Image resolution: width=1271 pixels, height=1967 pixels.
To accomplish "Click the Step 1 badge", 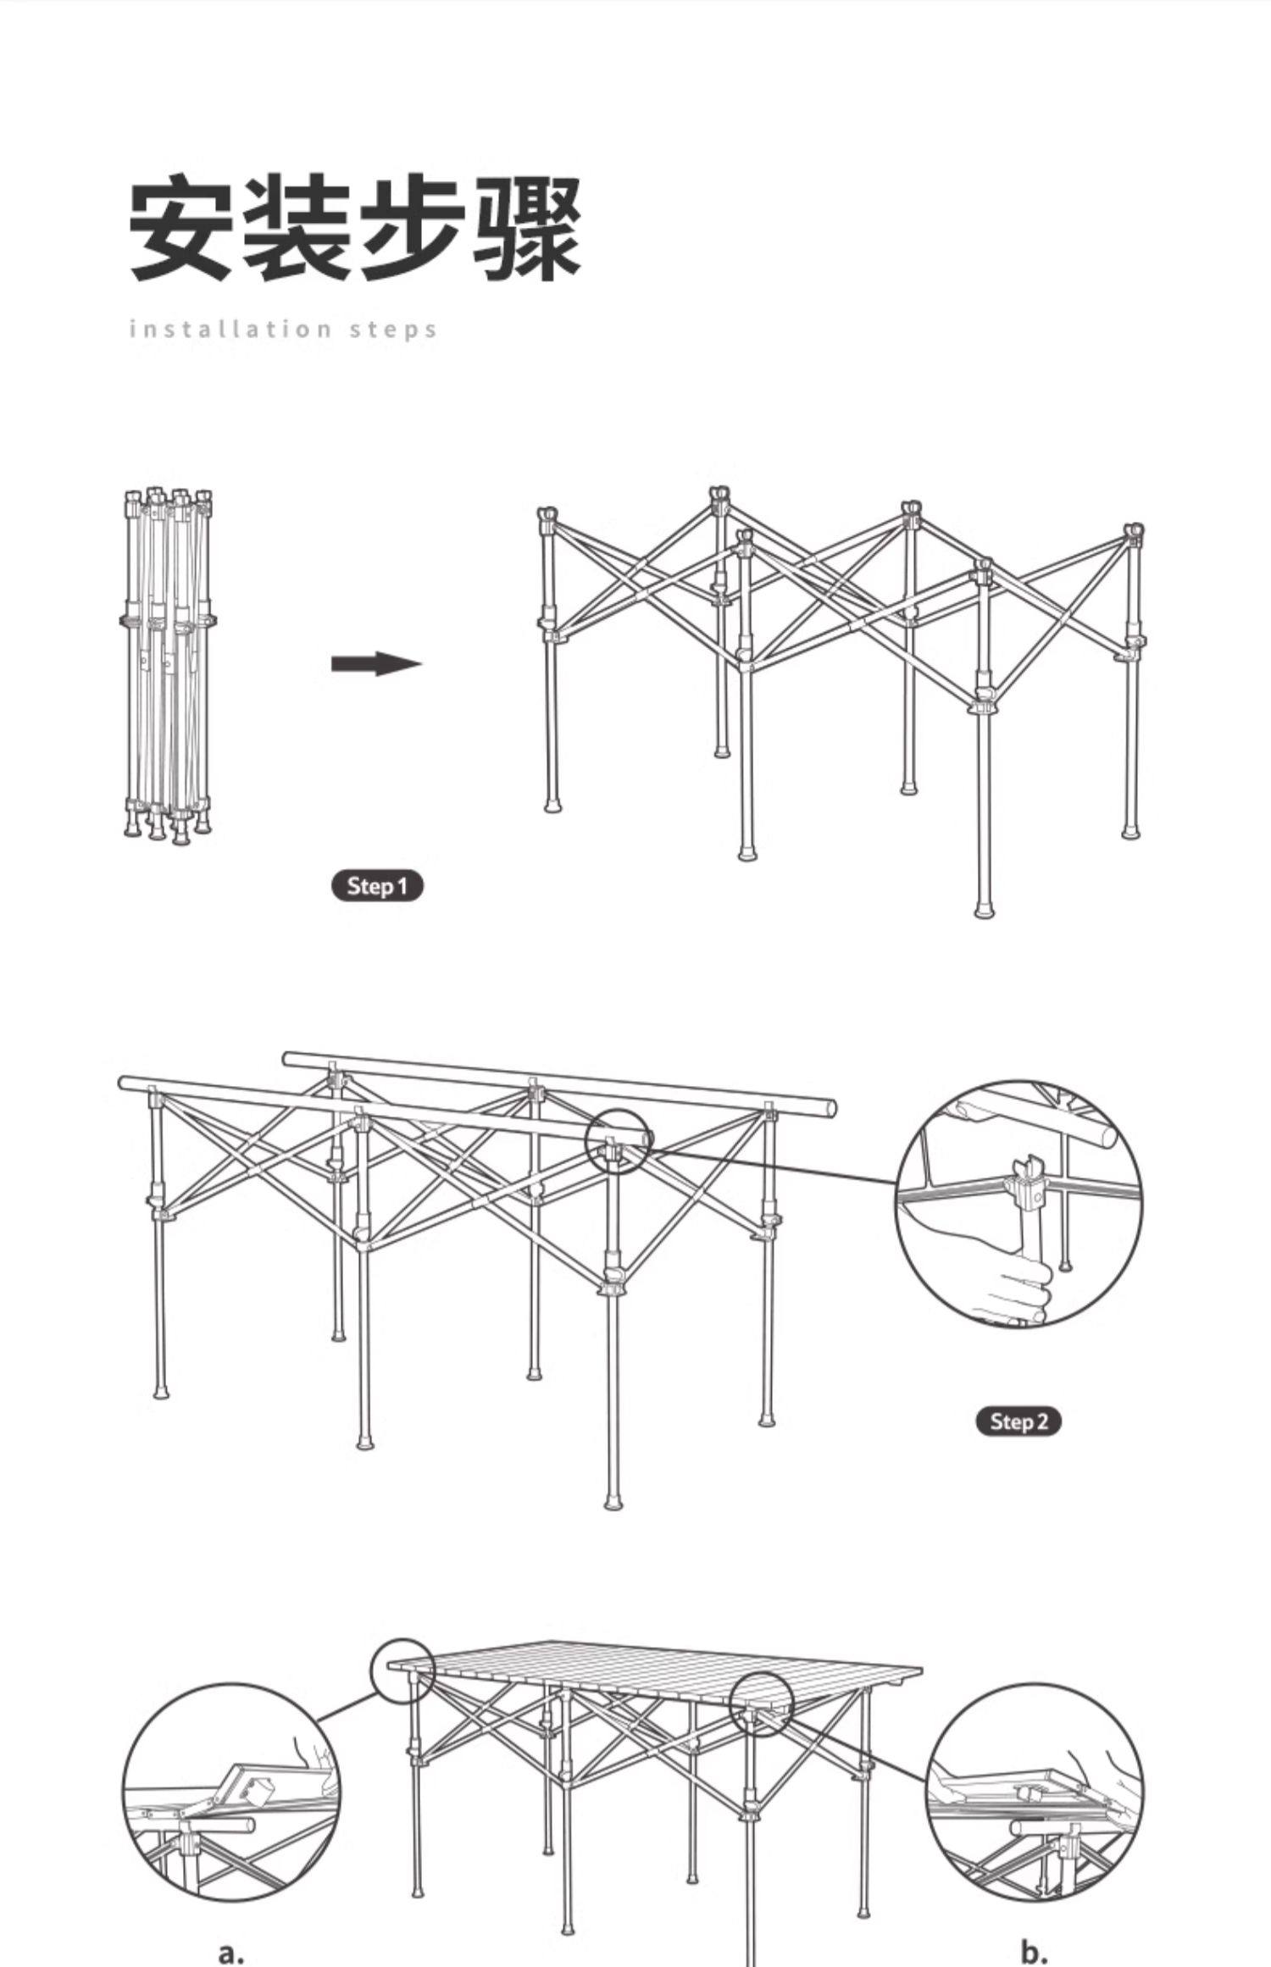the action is point(376,886).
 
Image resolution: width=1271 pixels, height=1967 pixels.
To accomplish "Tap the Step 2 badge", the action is point(1018,1421).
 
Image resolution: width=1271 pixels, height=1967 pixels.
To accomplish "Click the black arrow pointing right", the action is point(376,663).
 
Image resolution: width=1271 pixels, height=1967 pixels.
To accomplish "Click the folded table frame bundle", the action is point(168,665).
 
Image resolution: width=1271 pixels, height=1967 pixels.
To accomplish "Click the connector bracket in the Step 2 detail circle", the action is point(1026,1190).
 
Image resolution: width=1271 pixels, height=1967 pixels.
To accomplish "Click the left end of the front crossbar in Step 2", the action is point(127,1083).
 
